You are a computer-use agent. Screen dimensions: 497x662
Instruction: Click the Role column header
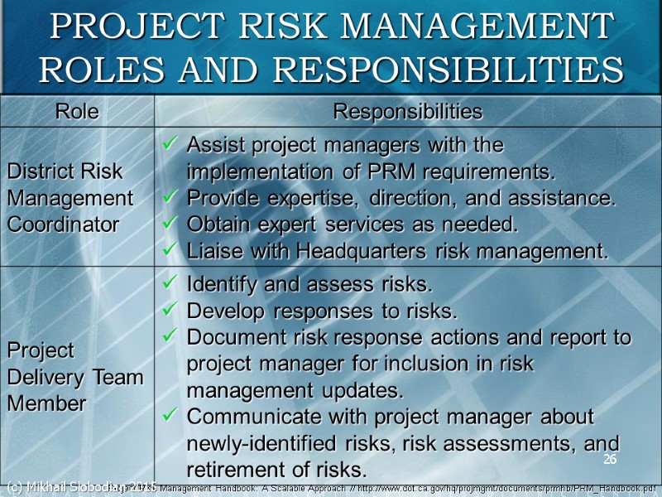76,111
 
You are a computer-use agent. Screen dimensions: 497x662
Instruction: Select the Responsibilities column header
407,111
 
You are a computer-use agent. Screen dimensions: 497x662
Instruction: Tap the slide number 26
610,460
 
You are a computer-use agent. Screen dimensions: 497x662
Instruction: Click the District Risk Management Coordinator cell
70,198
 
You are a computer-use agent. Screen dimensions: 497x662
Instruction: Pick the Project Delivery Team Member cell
75,377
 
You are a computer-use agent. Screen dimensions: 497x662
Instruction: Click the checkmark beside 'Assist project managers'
170,146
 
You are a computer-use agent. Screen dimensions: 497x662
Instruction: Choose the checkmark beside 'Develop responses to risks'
170,312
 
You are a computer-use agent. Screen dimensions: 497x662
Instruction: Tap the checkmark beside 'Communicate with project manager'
170,417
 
